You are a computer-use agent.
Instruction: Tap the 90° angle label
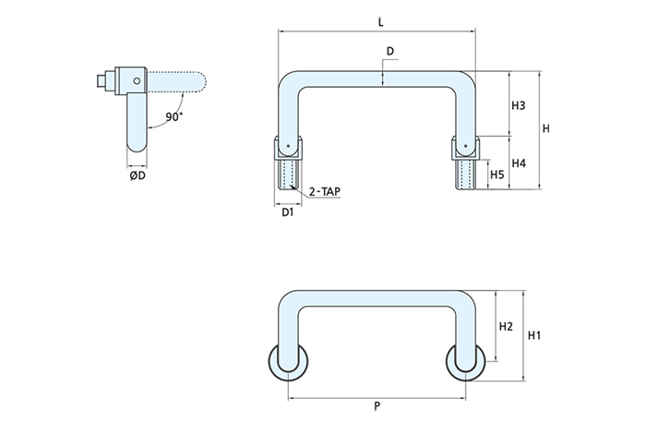[x=174, y=117]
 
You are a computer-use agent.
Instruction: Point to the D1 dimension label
[x=287, y=212]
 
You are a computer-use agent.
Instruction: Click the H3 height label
[x=518, y=106]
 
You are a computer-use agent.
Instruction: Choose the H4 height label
[x=518, y=163]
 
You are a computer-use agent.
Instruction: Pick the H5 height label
[x=496, y=174]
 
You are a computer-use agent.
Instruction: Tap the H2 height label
[x=505, y=327]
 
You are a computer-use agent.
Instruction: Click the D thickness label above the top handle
[x=390, y=50]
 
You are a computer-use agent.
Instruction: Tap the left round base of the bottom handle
[x=288, y=363]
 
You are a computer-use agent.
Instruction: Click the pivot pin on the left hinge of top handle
[x=289, y=145]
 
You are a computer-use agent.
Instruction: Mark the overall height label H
[x=546, y=128]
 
